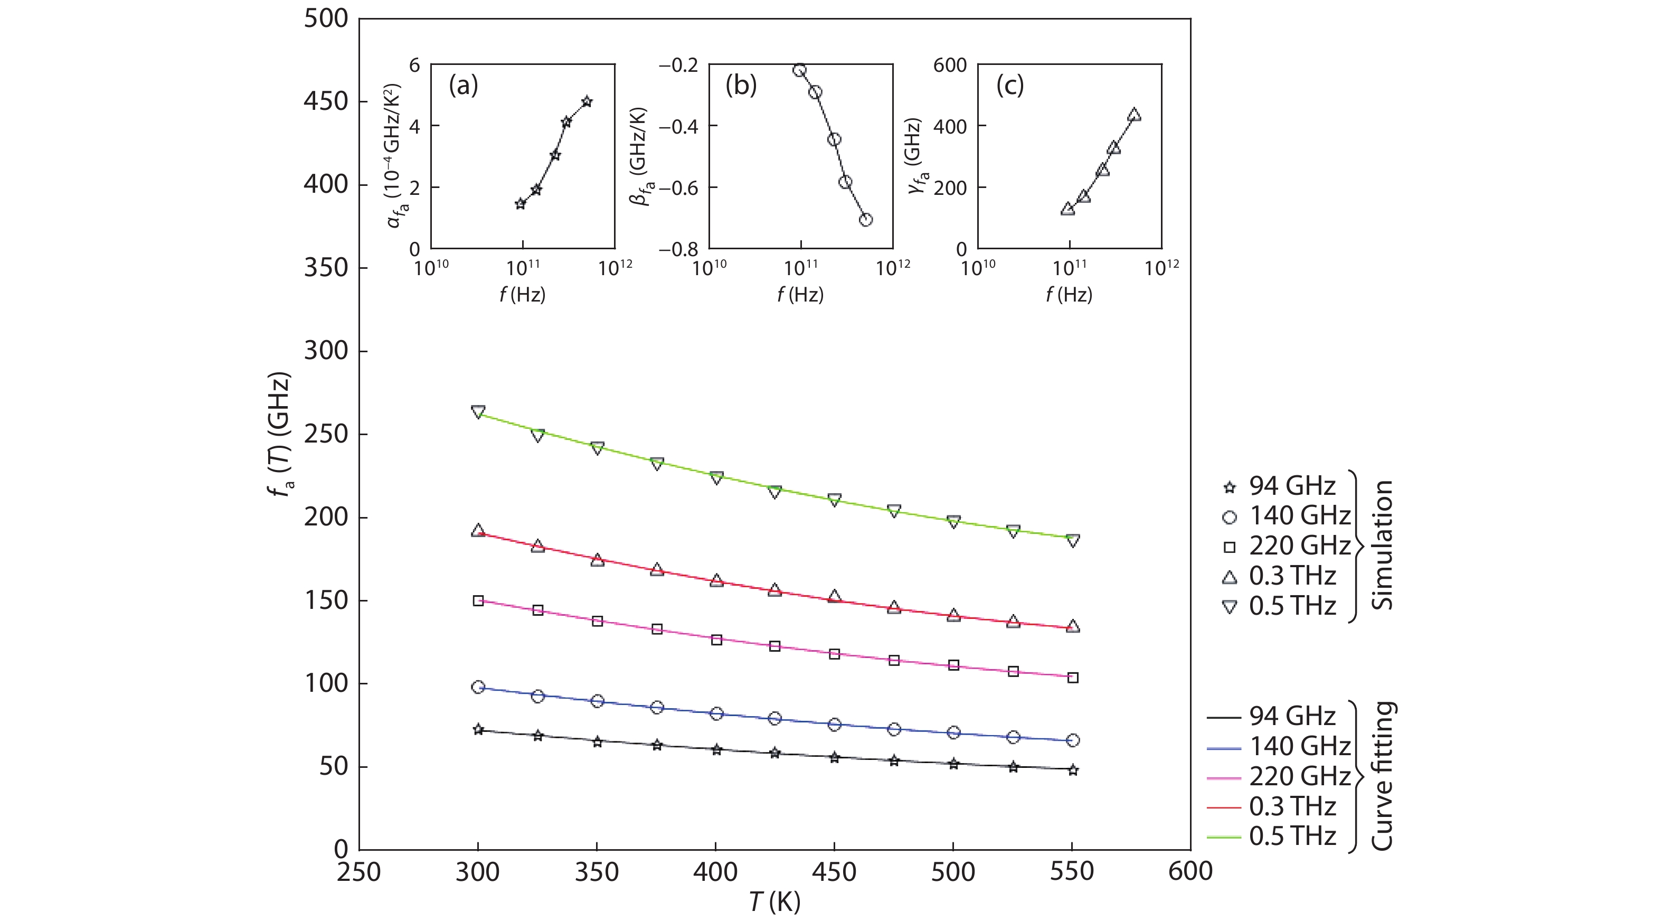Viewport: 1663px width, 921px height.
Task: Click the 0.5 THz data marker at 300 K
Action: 478,412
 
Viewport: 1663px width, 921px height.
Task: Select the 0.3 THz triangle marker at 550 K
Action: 1072,626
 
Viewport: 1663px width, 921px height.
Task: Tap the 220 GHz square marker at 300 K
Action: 478,600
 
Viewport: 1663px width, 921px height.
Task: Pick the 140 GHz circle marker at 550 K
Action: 1072,740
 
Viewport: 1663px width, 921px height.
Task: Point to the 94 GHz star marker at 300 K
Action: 478,729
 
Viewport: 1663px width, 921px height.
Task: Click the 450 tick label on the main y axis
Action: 326,101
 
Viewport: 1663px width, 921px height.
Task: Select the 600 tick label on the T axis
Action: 1190,872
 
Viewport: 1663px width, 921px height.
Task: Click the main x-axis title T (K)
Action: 774,901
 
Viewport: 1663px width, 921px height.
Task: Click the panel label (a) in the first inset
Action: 464,85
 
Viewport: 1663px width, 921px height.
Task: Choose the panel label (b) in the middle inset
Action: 741,85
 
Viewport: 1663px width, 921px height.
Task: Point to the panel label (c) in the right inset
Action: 1009,85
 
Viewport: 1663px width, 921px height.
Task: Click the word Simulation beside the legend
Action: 1382,545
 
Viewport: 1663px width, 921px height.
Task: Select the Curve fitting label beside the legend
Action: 1382,776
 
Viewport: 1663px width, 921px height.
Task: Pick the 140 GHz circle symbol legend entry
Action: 1230,516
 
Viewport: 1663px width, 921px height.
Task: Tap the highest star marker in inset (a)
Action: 586,101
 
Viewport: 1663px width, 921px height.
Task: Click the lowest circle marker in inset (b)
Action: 866,220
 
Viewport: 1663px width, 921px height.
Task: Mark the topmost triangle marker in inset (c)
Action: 1133,116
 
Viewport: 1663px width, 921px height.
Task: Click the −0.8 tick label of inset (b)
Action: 678,249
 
